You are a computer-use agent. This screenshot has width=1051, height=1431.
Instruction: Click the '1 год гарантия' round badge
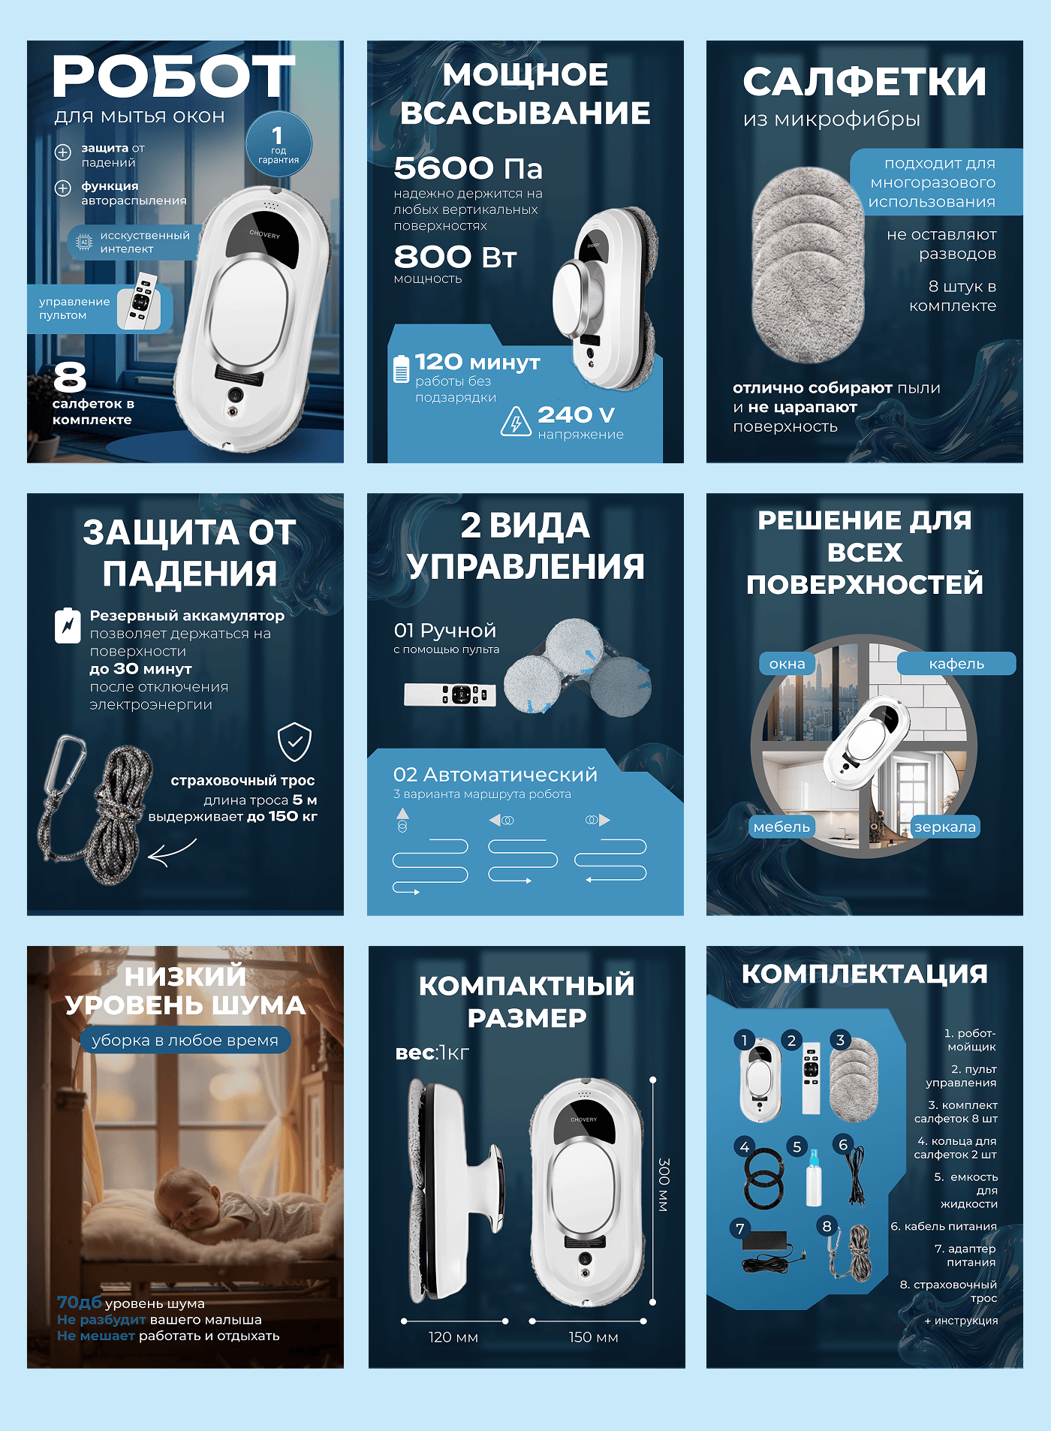click(279, 144)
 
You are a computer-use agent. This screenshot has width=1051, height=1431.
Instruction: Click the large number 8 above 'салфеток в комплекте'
click(70, 377)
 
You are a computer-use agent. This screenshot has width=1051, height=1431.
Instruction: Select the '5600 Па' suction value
click(468, 169)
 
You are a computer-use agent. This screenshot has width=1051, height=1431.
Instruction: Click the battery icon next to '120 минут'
click(402, 369)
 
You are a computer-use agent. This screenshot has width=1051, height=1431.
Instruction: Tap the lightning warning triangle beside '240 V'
click(516, 421)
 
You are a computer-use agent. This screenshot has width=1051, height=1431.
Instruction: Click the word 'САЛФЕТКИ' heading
click(864, 82)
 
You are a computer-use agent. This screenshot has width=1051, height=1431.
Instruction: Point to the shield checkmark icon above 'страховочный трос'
click(294, 742)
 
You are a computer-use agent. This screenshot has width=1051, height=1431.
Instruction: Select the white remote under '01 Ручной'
click(450, 694)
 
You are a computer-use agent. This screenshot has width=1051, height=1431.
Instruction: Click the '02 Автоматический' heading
click(495, 774)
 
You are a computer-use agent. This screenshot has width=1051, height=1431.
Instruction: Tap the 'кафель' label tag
click(956, 664)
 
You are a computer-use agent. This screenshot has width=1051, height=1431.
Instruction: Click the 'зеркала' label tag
click(945, 827)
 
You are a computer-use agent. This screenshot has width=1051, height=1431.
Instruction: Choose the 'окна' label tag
click(787, 664)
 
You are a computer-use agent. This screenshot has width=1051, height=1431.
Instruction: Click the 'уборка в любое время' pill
click(185, 1040)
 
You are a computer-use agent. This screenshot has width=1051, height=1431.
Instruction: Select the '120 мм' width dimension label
click(453, 1337)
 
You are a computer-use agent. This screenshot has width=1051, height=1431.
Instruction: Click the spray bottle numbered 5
click(813, 1177)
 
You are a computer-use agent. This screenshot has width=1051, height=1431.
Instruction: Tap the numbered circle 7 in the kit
click(740, 1228)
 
